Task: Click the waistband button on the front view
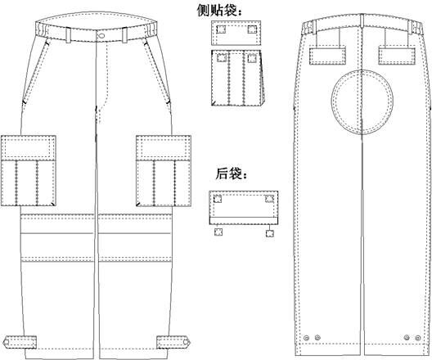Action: [101, 35]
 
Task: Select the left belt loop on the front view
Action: [68, 35]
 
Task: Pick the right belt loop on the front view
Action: [124, 34]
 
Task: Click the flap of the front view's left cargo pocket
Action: [29, 147]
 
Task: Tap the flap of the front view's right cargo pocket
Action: [164, 147]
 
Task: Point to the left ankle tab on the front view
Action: [20, 342]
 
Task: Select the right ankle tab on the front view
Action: [173, 342]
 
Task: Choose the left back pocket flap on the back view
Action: [327, 56]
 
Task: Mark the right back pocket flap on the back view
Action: [397, 56]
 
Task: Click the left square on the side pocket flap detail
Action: [221, 29]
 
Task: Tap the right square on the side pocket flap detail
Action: [252, 29]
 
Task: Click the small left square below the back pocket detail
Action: [218, 232]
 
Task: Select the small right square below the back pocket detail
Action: [270, 233]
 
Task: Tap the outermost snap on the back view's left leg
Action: [306, 338]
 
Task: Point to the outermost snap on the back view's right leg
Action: [418, 338]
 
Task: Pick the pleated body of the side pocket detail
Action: [237, 78]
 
